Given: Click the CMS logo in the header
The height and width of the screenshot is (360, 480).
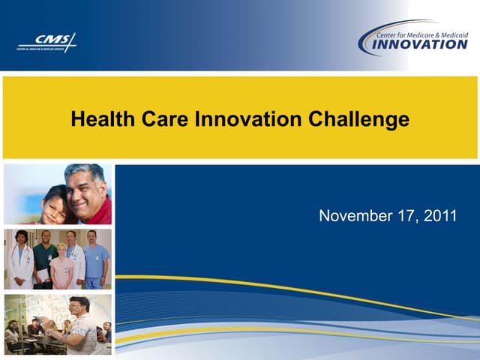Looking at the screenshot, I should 46,43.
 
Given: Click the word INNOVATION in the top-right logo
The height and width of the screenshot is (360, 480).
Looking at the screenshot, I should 421,44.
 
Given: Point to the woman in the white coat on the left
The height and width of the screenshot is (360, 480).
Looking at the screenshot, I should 19,262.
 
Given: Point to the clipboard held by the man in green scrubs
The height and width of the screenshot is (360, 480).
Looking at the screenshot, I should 43,275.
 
